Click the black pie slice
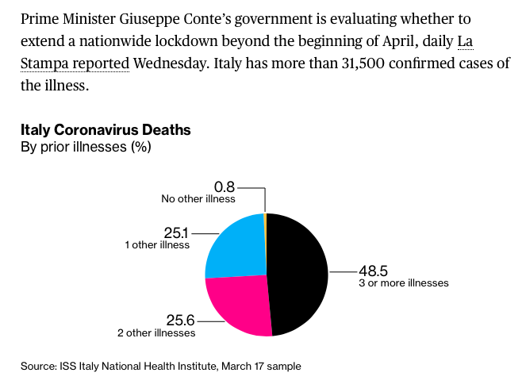[x=298, y=274]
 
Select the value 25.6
[x=180, y=321]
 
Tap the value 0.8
[x=225, y=187]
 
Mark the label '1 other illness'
[x=157, y=245]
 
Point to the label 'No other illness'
[x=198, y=199]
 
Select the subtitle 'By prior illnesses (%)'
[x=86, y=147]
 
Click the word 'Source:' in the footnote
[x=38, y=366]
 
